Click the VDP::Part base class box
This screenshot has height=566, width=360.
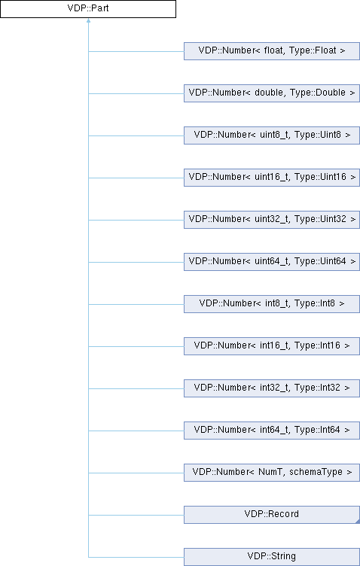pyautogui.click(x=88, y=9)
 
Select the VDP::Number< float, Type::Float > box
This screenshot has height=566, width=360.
pyautogui.click(x=272, y=51)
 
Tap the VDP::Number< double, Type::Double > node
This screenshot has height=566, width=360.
pyautogui.click(x=272, y=93)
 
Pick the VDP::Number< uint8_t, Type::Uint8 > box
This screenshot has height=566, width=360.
pyautogui.click(x=272, y=135)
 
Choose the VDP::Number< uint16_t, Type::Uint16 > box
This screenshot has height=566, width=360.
pyautogui.click(x=272, y=178)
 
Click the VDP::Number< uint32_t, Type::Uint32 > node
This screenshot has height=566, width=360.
pyautogui.click(x=272, y=220)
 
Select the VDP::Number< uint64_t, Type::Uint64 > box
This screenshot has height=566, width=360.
pyautogui.click(x=272, y=262)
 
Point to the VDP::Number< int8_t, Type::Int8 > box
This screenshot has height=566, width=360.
pyautogui.click(x=272, y=304)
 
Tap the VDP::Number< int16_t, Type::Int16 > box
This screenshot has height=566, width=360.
pyautogui.click(x=272, y=346)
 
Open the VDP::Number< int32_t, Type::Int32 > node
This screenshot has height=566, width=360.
pyautogui.click(x=272, y=388)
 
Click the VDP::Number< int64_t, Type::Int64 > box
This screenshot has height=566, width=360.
pyautogui.click(x=272, y=431)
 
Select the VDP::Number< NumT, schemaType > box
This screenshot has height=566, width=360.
pyautogui.click(x=272, y=473)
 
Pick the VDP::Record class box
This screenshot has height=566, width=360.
pyautogui.click(x=272, y=515)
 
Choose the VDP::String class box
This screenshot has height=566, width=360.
pyautogui.click(x=272, y=557)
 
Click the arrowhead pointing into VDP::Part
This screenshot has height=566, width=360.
pyautogui.click(x=88, y=20)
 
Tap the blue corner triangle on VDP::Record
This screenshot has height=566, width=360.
pyautogui.click(x=358, y=522)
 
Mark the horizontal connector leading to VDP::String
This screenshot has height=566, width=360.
pyautogui.click(x=136, y=557)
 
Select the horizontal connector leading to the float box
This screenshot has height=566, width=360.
pyautogui.click(x=136, y=51)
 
